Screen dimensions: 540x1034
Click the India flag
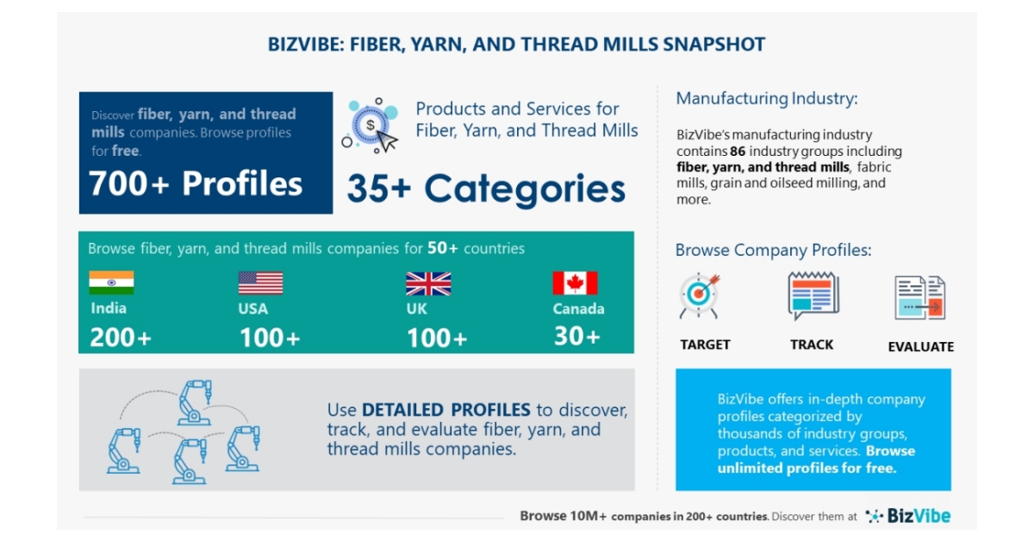(x=111, y=282)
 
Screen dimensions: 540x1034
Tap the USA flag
(x=260, y=282)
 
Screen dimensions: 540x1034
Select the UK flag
(x=428, y=283)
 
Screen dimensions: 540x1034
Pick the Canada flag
(x=575, y=282)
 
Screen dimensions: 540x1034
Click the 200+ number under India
(x=121, y=338)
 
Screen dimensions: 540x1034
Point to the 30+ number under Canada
(x=576, y=336)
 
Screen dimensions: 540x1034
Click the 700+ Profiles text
(x=196, y=183)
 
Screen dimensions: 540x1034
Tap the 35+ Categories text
(x=486, y=189)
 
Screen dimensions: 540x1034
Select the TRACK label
(x=812, y=344)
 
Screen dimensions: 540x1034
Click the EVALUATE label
(x=920, y=346)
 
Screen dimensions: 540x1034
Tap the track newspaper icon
(x=813, y=296)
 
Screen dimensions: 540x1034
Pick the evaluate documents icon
(x=919, y=298)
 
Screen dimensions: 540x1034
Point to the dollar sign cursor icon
(x=371, y=127)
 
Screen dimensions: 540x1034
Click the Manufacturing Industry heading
(x=766, y=98)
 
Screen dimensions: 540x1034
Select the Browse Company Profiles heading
(x=773, y=251)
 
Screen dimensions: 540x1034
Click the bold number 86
(x=737, y=151)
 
